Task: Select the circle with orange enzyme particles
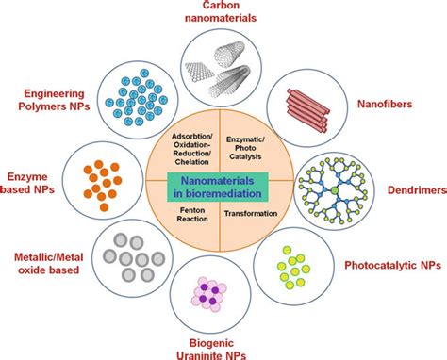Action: tap(109, 179)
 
